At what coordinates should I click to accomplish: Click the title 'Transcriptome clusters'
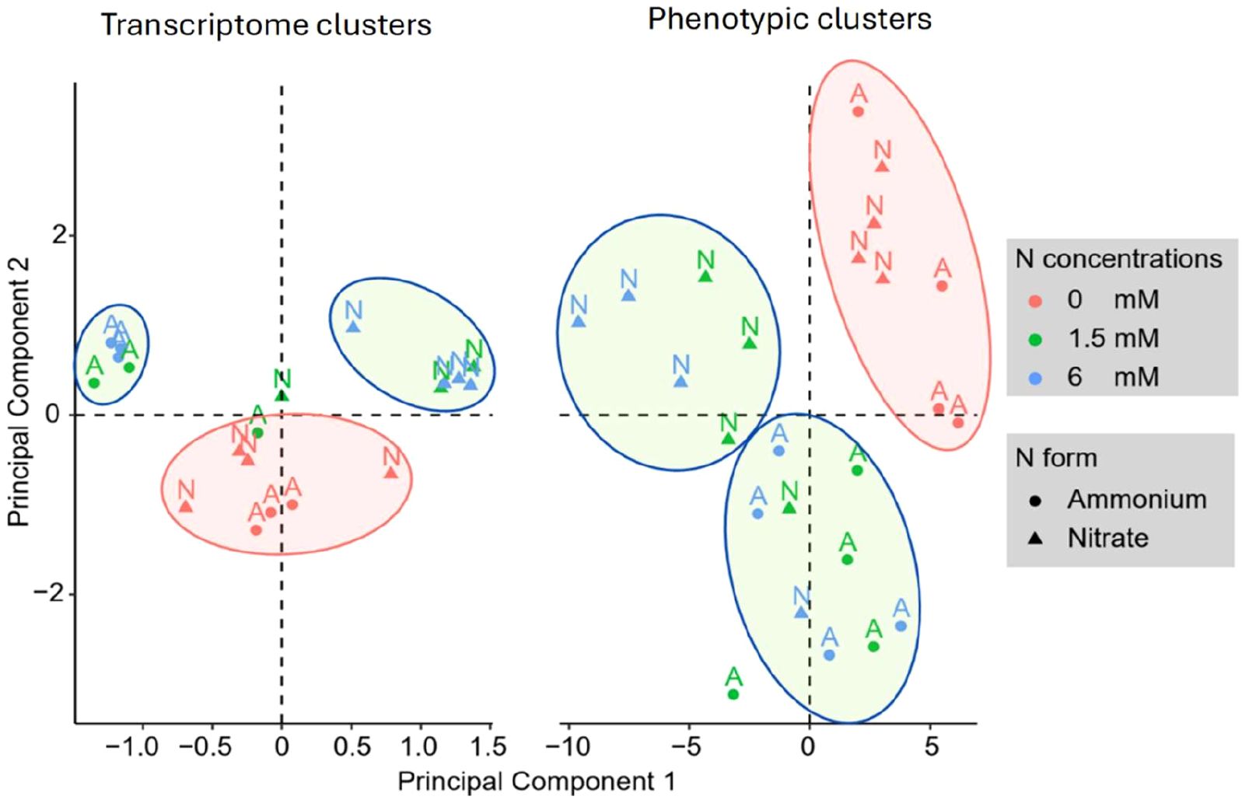point(266,25)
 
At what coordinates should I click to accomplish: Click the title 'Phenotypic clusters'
point(789,19)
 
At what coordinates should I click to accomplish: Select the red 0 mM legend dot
point(1035,301)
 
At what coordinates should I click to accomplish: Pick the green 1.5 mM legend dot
point(1035,340)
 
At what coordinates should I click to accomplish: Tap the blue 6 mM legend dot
point(1035,379)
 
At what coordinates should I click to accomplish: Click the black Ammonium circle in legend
point(1035,501)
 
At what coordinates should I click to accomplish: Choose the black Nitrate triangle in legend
point(1035,538)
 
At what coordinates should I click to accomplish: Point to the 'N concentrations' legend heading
point(1118,259)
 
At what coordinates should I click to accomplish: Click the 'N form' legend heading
point(1056,459)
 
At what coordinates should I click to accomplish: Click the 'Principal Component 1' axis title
point(536,781)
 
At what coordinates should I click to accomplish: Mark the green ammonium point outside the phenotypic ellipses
point(733,693)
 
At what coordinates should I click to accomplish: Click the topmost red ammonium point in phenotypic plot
point(858,111)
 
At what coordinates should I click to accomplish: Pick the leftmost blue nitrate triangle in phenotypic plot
point(579,321)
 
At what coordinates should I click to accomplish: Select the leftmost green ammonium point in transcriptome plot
point(94,383)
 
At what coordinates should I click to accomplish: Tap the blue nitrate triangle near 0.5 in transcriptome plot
point(353,327)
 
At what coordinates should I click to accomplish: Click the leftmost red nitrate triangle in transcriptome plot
point(186,507)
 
